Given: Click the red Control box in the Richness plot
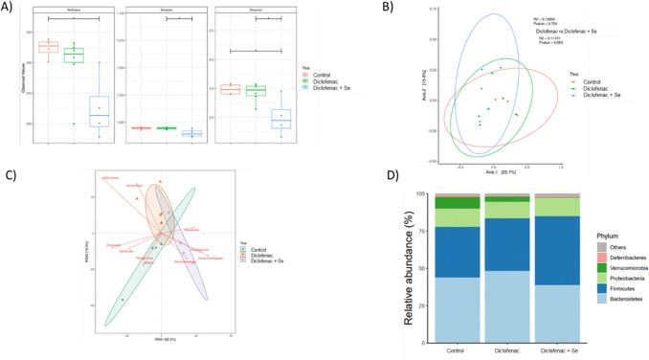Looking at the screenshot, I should click(x=48, y=47).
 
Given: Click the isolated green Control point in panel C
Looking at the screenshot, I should click(x=123, y=300).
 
